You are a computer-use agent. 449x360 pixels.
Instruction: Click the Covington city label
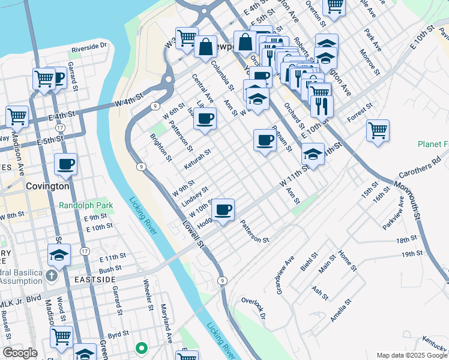click(47, 186)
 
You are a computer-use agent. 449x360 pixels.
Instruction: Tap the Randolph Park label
click(86, 205)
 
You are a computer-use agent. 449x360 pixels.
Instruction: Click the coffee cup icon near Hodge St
click(223, 210)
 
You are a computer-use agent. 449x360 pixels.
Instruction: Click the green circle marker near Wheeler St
click(142, 347)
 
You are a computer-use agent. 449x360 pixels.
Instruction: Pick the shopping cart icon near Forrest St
click(378, 130)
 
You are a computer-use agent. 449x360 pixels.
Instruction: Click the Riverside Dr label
click(89, 46)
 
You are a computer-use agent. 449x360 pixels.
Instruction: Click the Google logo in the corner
click(20, 353)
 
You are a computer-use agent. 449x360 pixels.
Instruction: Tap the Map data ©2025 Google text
click(411, 355)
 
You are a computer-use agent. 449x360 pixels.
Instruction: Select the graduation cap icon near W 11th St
click(312, 154)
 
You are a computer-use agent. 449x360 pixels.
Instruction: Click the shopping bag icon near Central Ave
click(205, 47)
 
